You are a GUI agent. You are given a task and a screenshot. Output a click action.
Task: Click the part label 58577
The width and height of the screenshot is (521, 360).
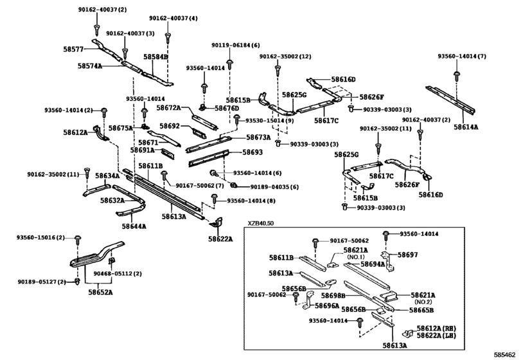pyautogui.click(x=73, y=50)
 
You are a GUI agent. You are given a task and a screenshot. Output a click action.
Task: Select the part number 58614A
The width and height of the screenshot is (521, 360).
pyautogui.click(x=466, y=127)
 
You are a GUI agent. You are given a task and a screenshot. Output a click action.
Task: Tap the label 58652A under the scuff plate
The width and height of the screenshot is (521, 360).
pyautogui.click(x=100, y=292)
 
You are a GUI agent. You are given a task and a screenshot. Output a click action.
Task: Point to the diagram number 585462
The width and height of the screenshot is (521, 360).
pyautogui.click(x=506, y=355)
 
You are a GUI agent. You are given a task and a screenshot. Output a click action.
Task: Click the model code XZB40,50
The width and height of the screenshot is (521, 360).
pyautogui.click(x=261, y=223)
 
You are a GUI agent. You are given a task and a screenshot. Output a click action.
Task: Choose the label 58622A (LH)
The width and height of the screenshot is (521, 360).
pyautogui.click(x=436, y=336)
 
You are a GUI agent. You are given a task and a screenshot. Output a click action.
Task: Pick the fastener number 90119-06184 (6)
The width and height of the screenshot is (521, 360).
pyautogui.click(x=236, y=45)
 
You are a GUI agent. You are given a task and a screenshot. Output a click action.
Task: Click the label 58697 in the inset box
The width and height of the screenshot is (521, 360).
pyautogui.click(x=408, y=255)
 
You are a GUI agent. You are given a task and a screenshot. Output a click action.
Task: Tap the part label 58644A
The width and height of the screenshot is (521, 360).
pyautogui.click(x=134, y=226)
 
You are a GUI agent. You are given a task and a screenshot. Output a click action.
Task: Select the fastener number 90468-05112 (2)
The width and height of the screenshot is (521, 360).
pyautogui.click(x=118, y=274)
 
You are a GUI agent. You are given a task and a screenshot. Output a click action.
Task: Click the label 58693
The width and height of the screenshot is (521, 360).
pyautogui.click(x=252, y=152)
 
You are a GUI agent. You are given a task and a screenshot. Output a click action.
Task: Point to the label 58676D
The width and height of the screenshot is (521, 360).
pyautogui.click(x=227, y=108)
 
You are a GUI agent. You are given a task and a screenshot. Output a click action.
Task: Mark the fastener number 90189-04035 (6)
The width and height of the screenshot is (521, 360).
pyautogui.click(x=274, y=187)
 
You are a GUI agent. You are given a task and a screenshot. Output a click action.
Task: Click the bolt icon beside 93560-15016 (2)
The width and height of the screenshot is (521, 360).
pyautogui.click(x=78, y=239)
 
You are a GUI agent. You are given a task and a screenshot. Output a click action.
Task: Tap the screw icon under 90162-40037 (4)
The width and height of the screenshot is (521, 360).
pyautogui.click(x=168, y=37)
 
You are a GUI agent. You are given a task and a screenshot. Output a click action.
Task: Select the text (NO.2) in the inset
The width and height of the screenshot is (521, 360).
pyautogui.click(x=423, y=302)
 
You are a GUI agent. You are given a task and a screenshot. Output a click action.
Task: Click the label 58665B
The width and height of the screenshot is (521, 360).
pyautogui.click(x=421, y=310)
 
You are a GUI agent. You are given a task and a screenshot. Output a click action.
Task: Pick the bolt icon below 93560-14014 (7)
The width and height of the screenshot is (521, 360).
pyautogui.click(x=457, y=75)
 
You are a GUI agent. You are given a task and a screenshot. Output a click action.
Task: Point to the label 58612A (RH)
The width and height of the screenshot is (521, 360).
pyautogui.click(x=436, y=328)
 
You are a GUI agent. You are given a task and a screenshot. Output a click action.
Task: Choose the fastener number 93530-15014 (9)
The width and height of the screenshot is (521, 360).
pyautogui.click(x=269, y=120)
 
